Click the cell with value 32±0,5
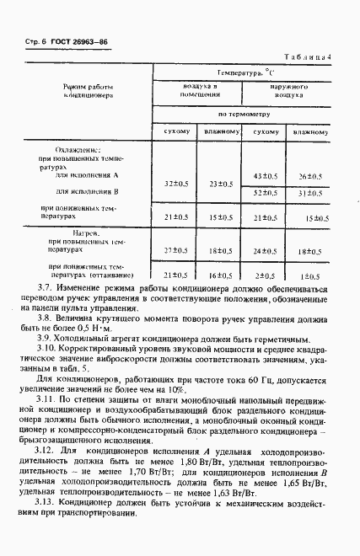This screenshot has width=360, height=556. coord(175,184)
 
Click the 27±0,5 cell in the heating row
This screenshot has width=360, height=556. coord(175,250)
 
